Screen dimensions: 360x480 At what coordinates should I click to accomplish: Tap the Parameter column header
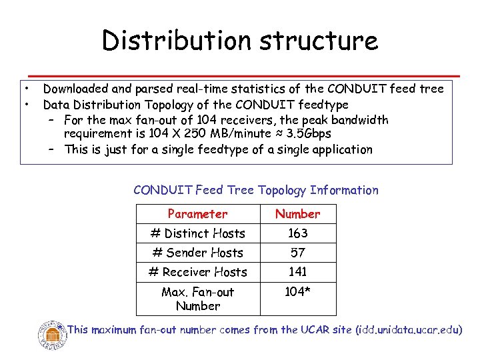tap(197, 214)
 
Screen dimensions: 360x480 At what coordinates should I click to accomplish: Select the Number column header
tap(297, 214)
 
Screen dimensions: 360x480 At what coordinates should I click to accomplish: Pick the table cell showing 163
tap(297, 233)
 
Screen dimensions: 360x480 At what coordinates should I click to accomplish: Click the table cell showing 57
tap(297, 253)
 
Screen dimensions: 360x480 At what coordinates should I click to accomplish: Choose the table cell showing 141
tap(297, 272)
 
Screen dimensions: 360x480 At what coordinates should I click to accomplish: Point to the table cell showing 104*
tap(297, 292)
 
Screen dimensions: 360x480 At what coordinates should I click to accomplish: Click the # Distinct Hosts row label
tap(197, 233)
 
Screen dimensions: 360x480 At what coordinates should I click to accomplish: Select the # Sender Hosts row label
tap(197, 253)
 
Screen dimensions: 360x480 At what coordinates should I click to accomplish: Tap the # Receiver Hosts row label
tap(197, 272)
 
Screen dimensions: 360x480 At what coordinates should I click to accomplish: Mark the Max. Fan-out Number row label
tap(197, 299)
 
